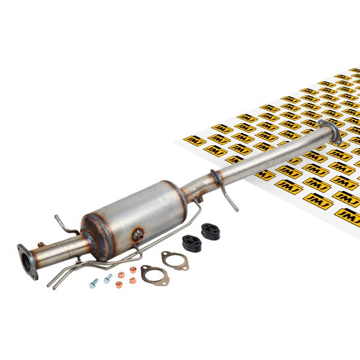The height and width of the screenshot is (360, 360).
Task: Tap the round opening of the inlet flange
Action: (25, 261)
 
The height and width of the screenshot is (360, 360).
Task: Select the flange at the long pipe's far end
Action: (329, 131)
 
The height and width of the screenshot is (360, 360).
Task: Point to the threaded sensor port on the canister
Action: (139, 235)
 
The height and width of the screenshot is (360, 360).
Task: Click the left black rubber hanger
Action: (192, 243)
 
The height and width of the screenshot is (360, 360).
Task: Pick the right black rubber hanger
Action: (211, 231)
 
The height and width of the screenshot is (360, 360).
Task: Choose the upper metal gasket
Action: (175, 260)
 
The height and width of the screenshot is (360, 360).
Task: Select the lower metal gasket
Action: (155, 275)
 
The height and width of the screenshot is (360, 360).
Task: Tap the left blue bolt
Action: (94, 283)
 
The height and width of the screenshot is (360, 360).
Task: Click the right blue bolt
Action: (108, 278)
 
